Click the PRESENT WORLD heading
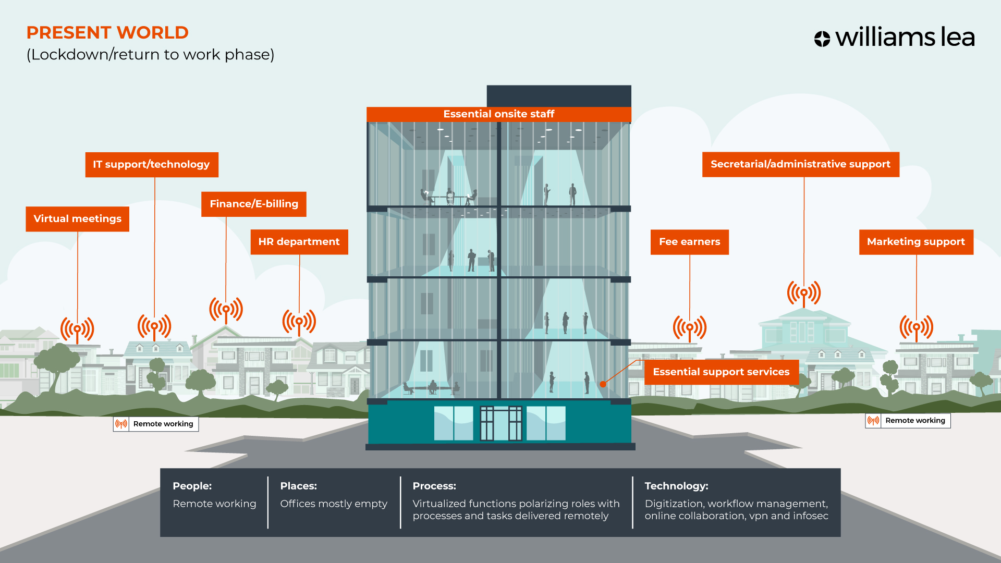point(107,33)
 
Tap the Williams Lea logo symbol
point(822,39)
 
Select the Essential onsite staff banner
point(498,114)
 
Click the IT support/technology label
point(151,165)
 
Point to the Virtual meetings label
point(77,219)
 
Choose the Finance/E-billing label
point(254,204)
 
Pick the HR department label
point(299,242)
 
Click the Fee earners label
point(689,242)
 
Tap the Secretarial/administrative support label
point(800,164)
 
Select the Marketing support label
point(915,242)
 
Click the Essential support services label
point(721,372)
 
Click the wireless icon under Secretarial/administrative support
point(803,293)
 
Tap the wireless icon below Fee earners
point(689,328)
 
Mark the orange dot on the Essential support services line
point(603,384)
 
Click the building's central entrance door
point(500,423)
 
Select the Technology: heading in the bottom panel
point(676,486)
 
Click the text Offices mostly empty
point(334,504)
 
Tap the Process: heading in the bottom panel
point(434,486)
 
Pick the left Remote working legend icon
point(121,424)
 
